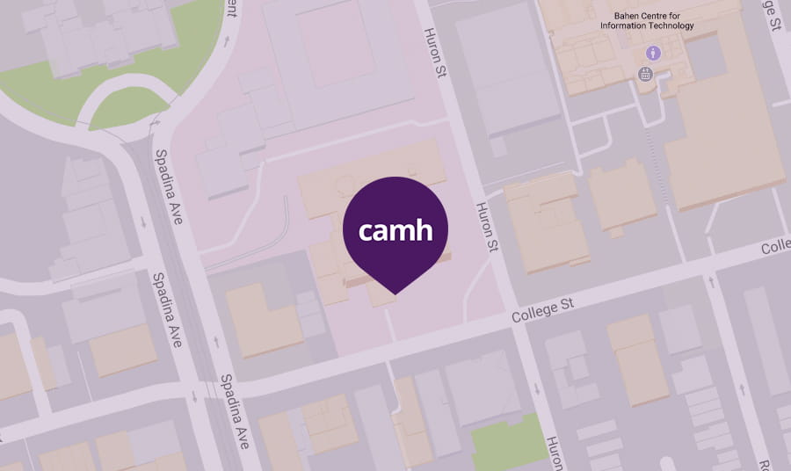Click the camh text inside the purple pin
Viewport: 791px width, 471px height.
pos(395,232)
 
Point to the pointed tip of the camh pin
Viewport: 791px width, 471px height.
pos(395,293)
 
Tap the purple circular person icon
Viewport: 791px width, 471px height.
pos(653,54)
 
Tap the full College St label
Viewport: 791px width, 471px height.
pos(543,308)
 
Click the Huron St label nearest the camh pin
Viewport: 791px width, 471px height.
pos(486,227)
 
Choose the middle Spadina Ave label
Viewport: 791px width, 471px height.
pos(167,308)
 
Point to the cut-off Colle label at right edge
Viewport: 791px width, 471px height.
pos(775,248)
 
